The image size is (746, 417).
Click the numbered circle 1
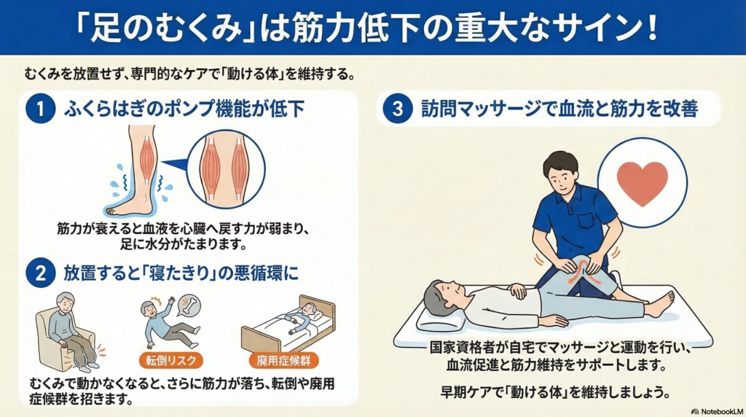point(41,109)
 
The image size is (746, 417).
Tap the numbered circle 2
point(41,273)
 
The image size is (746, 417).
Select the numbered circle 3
point(397,109)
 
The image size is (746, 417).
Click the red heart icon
point(643,183)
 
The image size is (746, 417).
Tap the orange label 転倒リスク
point(171,360)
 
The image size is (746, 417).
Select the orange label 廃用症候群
point(283,360)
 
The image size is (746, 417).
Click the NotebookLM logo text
point(717,411)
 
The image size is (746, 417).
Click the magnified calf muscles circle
point(226,169)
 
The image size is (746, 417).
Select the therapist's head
point(562,172)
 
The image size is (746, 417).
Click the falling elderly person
point(168,323)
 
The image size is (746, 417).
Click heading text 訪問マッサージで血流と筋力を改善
point(559,109)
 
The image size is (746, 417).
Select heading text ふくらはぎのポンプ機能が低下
point(184,109)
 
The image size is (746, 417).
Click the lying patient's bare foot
point(662,305)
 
